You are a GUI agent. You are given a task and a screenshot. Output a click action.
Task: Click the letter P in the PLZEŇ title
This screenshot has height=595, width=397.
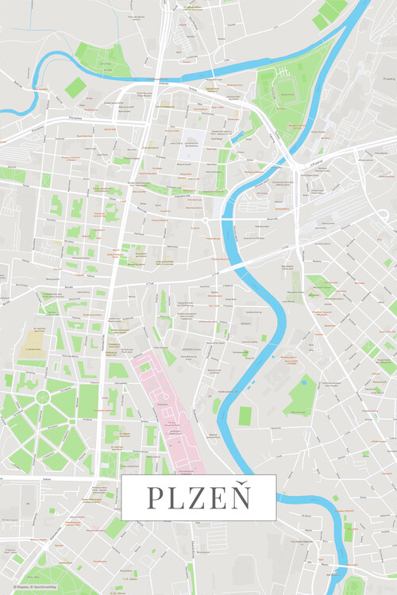(x=154, y=498)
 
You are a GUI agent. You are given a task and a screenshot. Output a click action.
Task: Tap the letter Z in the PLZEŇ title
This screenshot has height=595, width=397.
(x=198, y=498)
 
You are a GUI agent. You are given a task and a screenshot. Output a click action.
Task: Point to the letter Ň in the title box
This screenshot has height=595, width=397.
(x=240, y=497)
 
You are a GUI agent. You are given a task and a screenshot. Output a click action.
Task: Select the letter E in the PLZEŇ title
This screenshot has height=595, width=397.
(x=218, y=498)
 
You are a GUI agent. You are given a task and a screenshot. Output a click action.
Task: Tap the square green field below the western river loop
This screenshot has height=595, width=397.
(x=75, y=87)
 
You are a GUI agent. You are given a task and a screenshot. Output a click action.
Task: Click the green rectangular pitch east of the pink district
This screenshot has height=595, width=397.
(x=245, y=415)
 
